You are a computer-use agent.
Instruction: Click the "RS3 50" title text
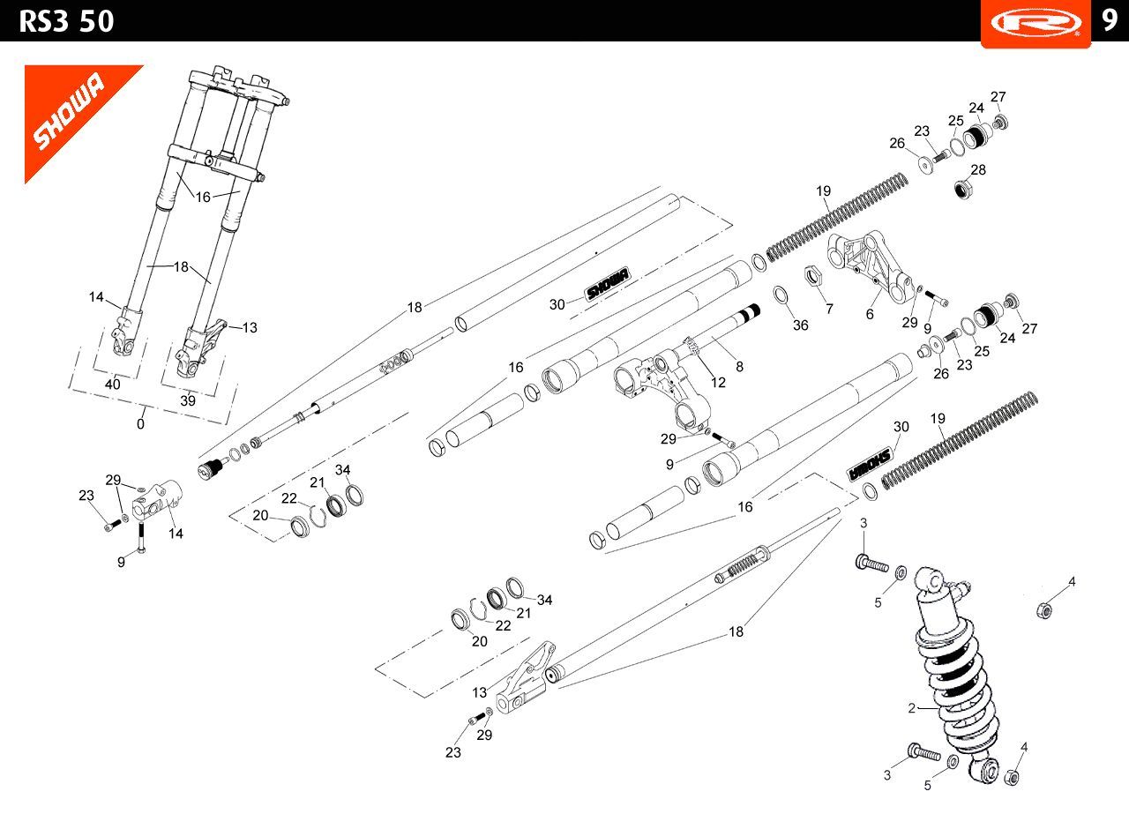66,20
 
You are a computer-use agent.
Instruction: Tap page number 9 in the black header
1110,20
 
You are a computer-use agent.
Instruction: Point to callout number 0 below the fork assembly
140,423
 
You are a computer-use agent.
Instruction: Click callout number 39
188,400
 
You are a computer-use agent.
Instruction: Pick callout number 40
112,385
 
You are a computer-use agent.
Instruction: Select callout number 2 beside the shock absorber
912,707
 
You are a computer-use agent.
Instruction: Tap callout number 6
870,313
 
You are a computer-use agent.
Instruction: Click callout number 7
829,309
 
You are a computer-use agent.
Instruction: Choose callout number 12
719,382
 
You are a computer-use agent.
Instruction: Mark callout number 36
800,325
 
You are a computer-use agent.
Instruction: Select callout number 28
978,169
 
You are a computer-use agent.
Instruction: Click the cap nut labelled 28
963,189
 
